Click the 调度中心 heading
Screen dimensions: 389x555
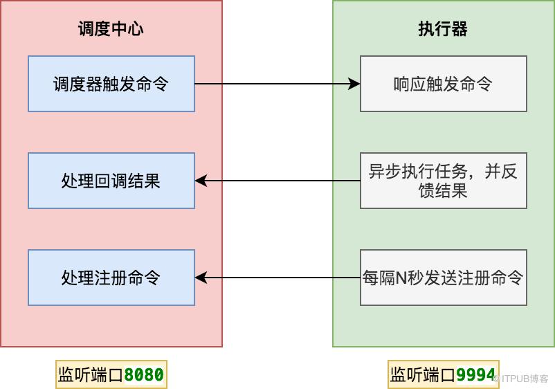111,29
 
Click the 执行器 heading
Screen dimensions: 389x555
443,29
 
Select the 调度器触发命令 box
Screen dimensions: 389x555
111,84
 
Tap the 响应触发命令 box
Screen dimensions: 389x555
443,84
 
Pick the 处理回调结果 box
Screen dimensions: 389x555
111,181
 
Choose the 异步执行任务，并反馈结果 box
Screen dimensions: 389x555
443,181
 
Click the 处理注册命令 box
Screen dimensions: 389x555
111,278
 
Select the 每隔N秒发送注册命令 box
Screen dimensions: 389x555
443,278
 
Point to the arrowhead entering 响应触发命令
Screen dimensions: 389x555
354,84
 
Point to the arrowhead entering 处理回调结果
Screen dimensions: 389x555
201,181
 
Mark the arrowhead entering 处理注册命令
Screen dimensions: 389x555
201,278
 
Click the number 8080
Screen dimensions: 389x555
144,375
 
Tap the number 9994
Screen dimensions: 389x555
476,375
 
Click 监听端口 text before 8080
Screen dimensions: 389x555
91,375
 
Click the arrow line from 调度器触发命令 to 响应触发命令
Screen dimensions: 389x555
277,84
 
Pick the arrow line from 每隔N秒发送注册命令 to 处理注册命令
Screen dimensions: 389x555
277,278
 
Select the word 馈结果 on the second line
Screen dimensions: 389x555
443,190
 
